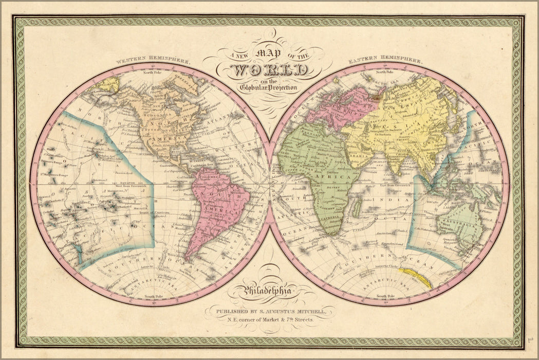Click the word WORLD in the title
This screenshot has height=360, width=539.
pos(270,70)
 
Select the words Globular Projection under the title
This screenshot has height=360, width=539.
pos(268,87)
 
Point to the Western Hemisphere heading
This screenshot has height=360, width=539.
pos(153,60)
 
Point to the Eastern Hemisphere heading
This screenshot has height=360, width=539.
pos(386,60)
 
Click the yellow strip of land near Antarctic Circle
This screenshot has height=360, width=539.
pos(417,277)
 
